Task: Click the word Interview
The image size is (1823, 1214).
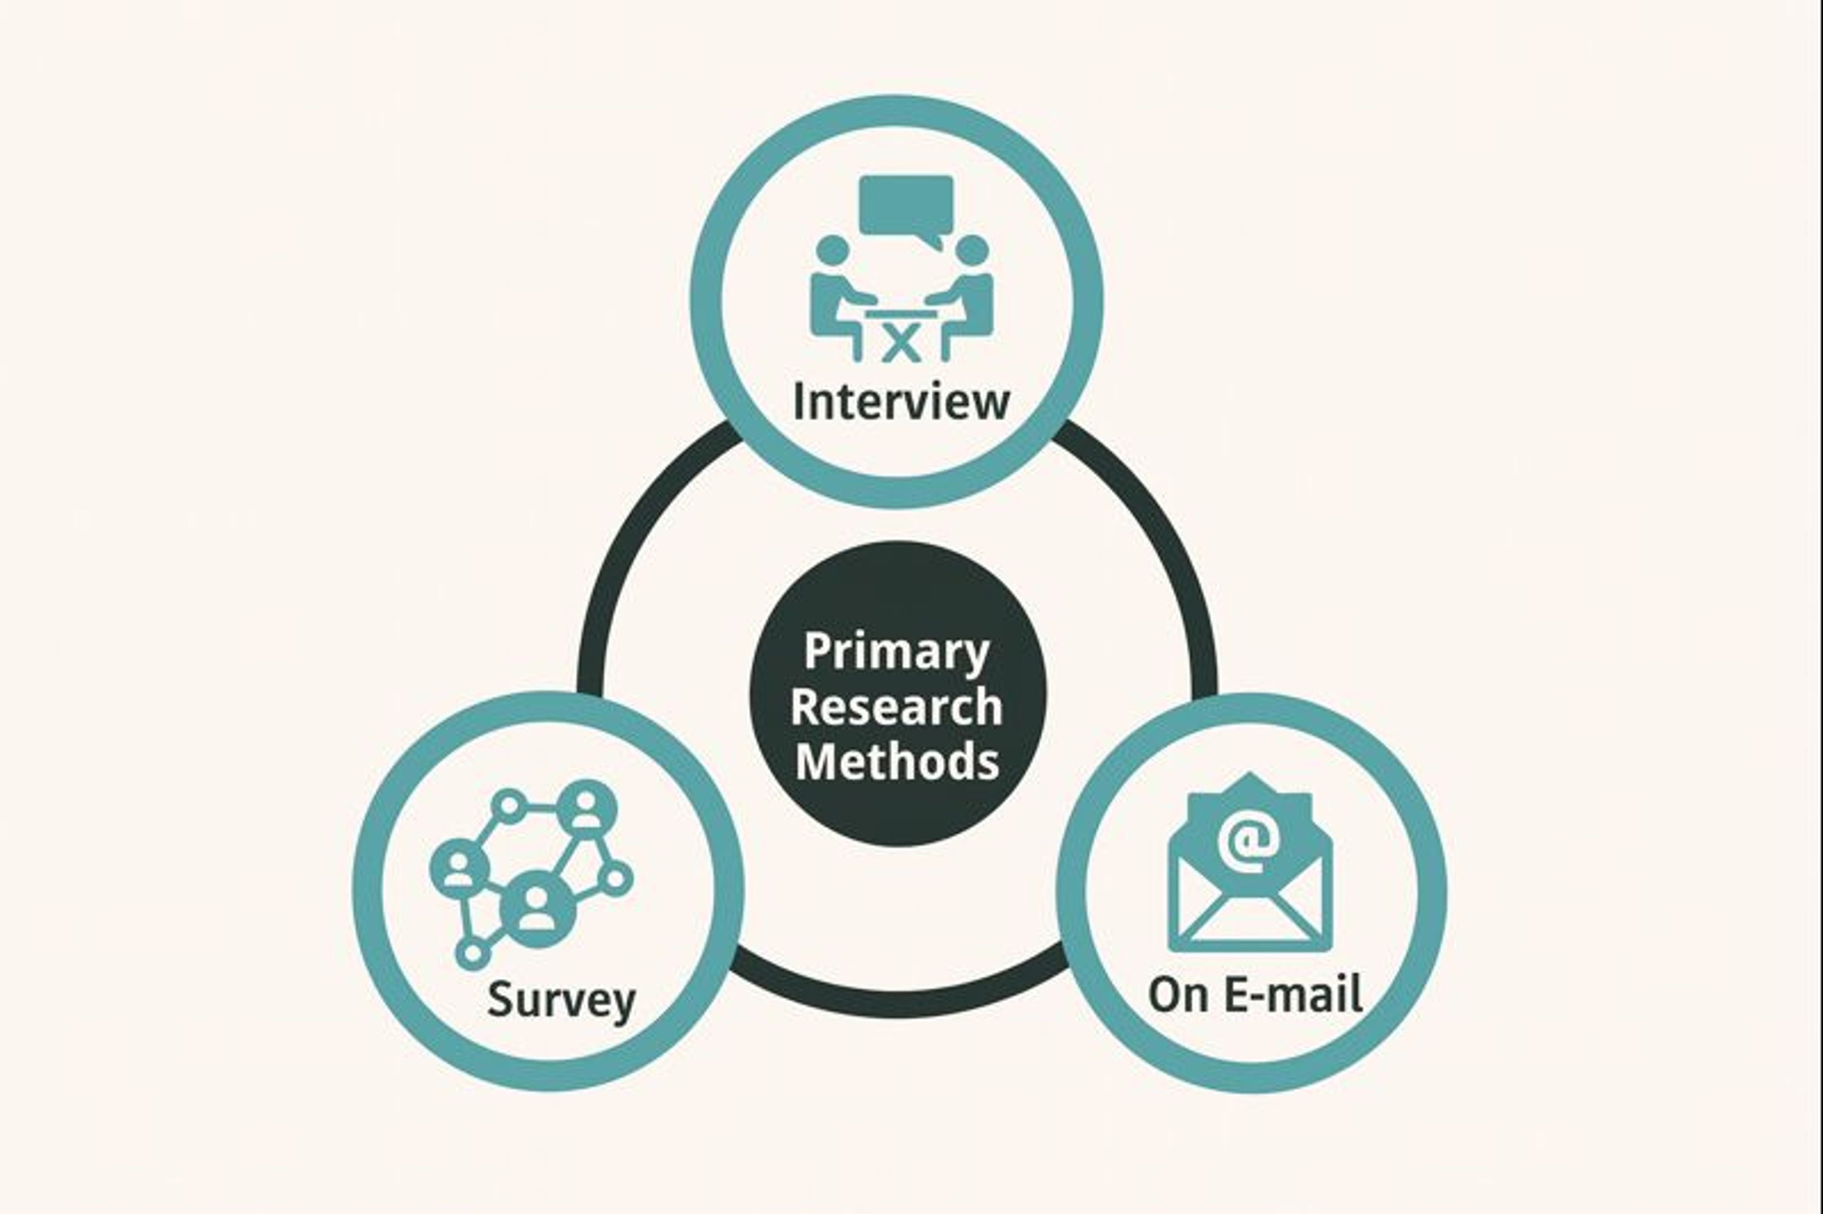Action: click(901, 402)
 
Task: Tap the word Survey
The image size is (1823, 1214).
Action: click(562, 999)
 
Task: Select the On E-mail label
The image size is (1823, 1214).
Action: click(1255, 994)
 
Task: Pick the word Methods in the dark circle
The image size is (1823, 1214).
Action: click(897, 762)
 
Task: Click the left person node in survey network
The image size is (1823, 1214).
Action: click(459, 867)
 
